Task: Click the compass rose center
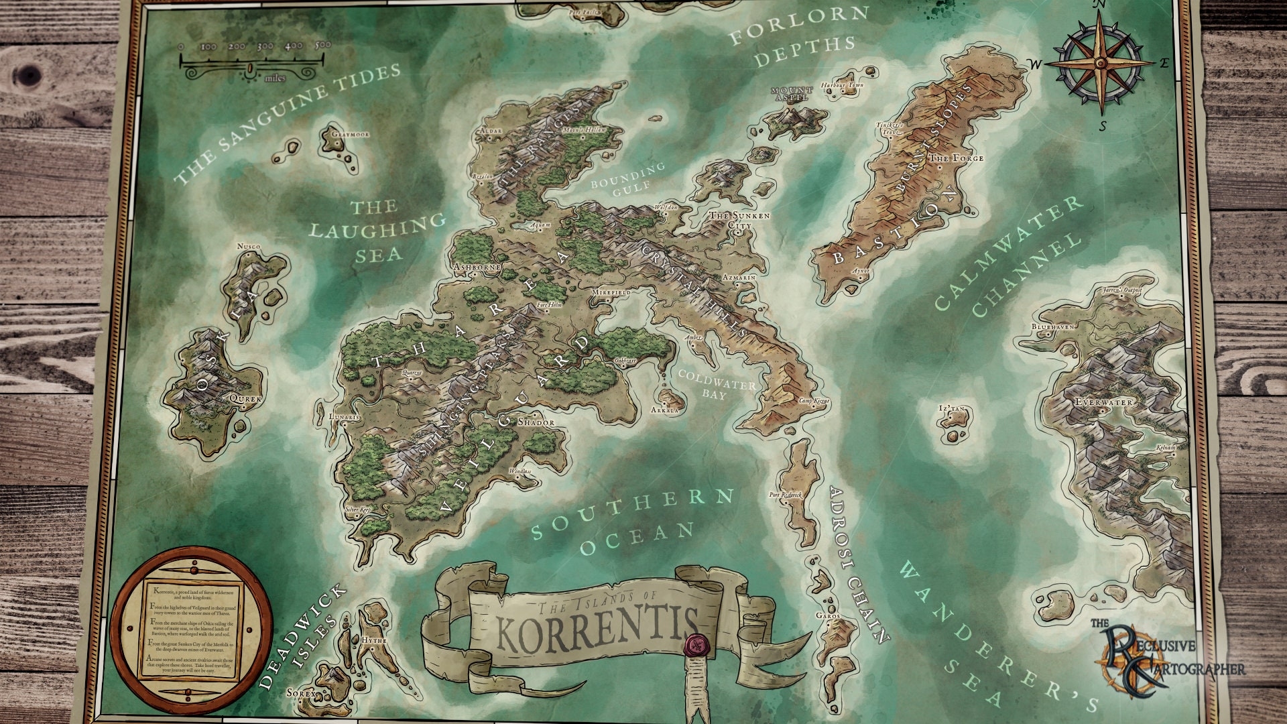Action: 1101,62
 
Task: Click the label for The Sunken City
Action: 739,222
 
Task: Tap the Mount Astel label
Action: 792,93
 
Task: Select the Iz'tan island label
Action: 951,408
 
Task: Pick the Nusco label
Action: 249,247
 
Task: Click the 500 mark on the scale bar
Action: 322,46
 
